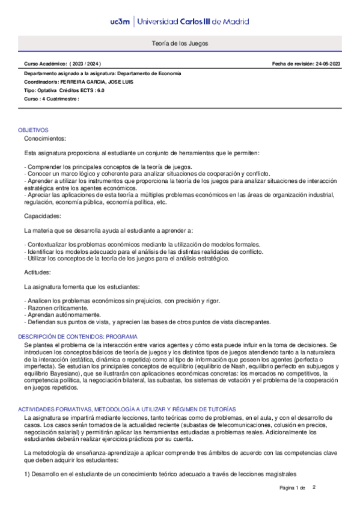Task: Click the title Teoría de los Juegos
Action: [180, 44]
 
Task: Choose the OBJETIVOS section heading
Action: [33, 130]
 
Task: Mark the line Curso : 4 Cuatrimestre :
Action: [52, 99]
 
